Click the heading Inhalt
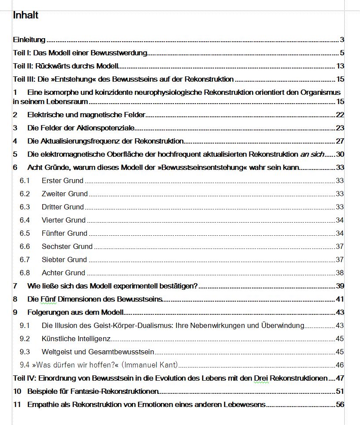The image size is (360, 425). [26, 15]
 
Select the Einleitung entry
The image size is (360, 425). [29, 40]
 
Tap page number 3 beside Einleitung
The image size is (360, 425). [342, 40]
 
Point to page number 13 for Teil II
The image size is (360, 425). [340, 66]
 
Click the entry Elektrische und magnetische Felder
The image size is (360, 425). [86, 115]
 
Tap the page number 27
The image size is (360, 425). [340, 141]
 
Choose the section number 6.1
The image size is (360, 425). [25, 180]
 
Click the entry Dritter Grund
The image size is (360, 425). [62, 207]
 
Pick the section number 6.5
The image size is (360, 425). [25, 233]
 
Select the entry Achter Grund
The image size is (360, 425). [63, 273]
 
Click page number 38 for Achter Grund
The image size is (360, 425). [340, 273]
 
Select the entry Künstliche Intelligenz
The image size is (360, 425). [76, 339]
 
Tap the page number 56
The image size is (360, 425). [340, 404]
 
